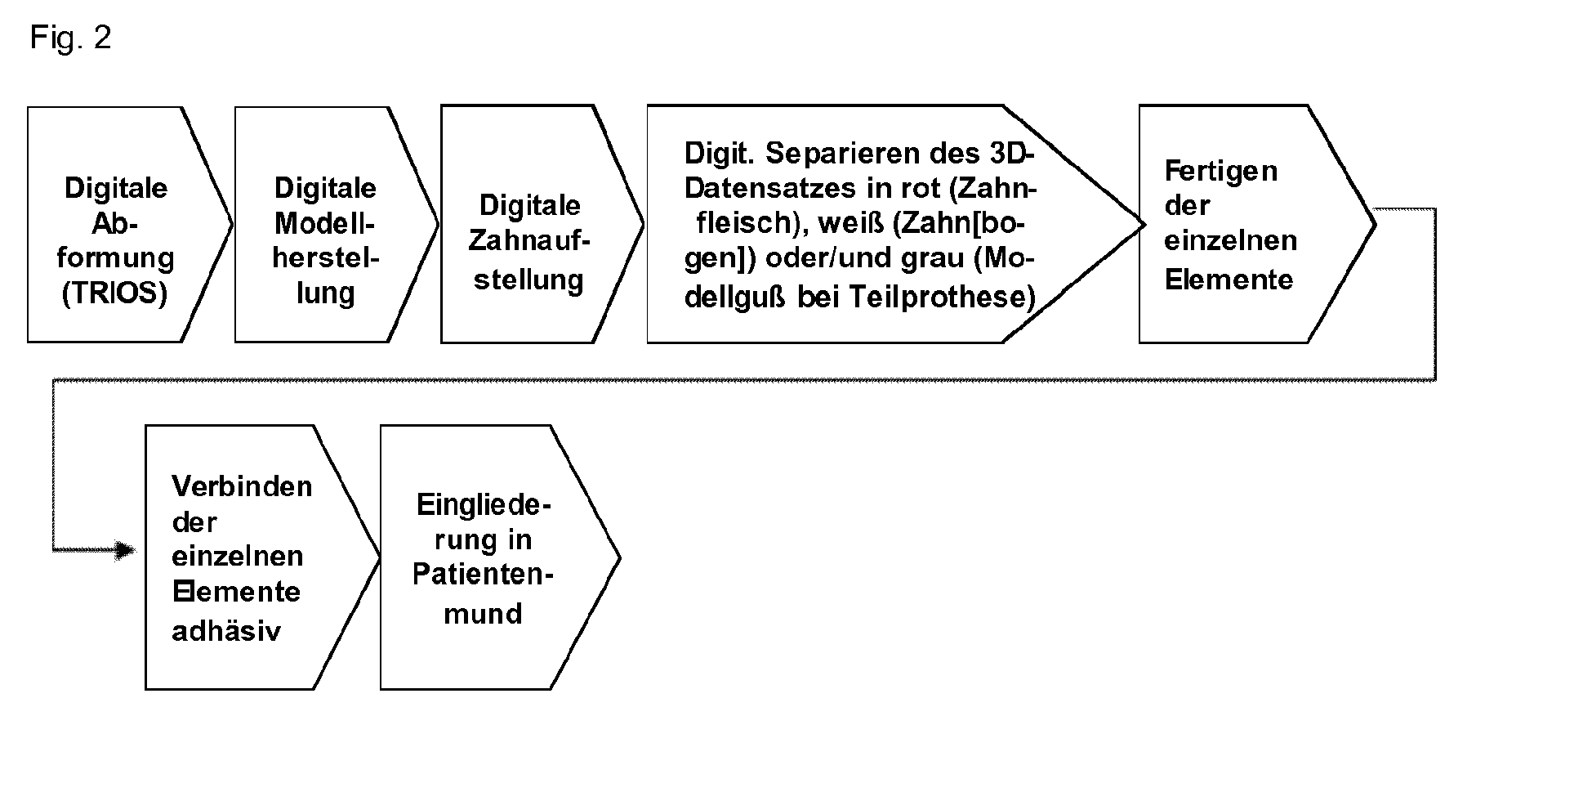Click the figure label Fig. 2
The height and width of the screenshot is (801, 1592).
coord(70,38)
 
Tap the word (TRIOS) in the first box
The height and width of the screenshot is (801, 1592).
coord(114,293)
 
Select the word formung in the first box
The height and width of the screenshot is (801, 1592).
coord(115,257)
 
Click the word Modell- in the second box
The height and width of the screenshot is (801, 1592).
coord(324,222)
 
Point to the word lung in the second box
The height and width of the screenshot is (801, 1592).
coord(325,293)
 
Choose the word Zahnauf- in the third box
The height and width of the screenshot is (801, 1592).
coord(528,240)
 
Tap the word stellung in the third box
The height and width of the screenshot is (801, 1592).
coord(528,280)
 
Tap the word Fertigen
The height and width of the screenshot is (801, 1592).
coord(1220,172)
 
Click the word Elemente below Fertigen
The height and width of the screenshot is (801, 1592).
coord(1229,280)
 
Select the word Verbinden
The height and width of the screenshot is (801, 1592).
coord(242,486)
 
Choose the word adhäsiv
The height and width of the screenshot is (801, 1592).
coord(226,630)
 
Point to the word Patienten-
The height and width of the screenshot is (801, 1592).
coord(483,574)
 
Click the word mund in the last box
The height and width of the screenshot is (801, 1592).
coord(483,613)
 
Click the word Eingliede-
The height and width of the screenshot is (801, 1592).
coord(484,504)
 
